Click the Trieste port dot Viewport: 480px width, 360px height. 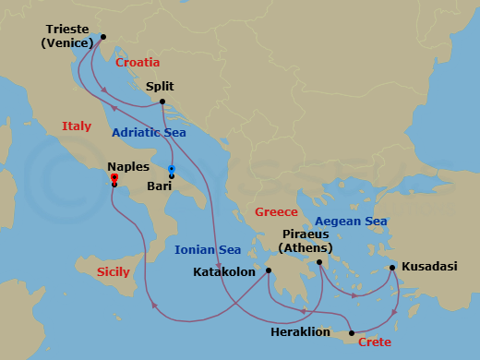click(102, 39)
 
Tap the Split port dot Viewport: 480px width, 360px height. click(162, 102)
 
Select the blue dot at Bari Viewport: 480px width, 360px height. click(172, 168)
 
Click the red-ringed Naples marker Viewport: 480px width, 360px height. click(114, 177)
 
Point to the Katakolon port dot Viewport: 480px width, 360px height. click(269, 270)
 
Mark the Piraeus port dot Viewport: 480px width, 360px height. click(319, 263)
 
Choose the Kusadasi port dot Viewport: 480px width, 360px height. click(392, 268)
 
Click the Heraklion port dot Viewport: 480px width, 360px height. click(352, 332)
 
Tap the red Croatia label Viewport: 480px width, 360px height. click(138, 63)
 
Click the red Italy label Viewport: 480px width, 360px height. click(77, 126)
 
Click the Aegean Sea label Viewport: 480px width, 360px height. click(351, 221)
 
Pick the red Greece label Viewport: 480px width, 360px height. click(277, 212)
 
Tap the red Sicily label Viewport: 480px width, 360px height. click(113, 272)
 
